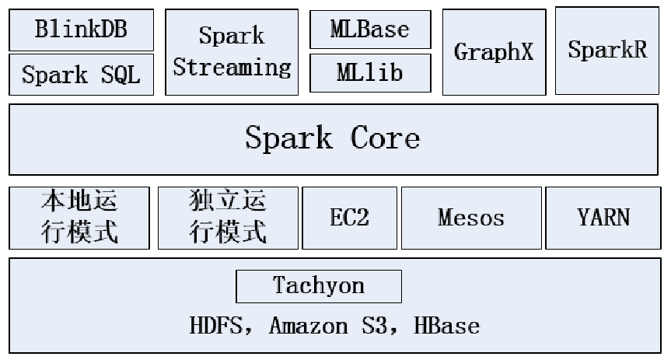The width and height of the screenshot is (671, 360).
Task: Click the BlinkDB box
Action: tap(81, 30)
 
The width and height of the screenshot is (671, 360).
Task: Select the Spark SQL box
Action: tap(81, 75)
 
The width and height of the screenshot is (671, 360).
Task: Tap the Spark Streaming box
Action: tap(232, 52)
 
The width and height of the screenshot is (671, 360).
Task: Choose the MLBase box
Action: tap(369, 30)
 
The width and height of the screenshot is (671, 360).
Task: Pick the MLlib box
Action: tap(369, 73)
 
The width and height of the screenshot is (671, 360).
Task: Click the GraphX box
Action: tap(494, 52)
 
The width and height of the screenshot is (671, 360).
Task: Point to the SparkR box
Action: tap(607, 51)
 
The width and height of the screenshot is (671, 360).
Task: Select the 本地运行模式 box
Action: tap(79, 218)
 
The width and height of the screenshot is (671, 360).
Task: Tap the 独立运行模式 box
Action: tap(228, 218)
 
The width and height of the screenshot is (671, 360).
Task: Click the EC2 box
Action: tap(349, 218)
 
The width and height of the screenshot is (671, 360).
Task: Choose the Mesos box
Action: tap(471, 218)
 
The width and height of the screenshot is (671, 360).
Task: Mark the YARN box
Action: tap(603, 218)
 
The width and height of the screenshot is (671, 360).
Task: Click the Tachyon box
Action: tap(319, 286)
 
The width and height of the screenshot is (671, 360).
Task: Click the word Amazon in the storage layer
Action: tap(309, 325)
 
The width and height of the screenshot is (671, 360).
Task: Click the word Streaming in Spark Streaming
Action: tap(232, 68)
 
